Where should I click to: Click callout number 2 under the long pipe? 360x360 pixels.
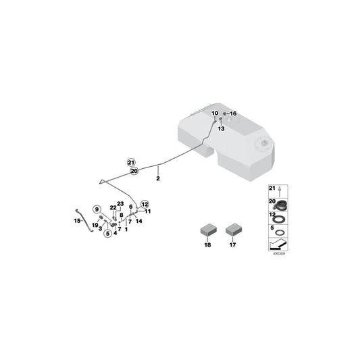click(x=158, y=180)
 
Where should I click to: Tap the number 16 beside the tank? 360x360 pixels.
click(x=234, y=113)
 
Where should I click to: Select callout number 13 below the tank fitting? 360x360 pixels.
click(x=220, y=128)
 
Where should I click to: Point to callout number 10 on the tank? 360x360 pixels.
click(x=215, y=113)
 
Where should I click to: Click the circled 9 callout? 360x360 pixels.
click(x=97, y=209)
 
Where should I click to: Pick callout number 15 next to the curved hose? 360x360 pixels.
click(x=77, y=220)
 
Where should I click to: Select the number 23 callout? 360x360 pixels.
click(x=120, y=204)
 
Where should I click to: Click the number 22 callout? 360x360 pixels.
click(x=113, y=208)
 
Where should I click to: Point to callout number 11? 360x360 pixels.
click(x=147, y=211)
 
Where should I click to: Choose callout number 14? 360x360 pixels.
click(x=139, y=221)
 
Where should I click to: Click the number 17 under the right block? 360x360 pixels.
click(x=233, y=245)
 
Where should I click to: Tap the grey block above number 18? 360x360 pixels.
click(x=207, y=230)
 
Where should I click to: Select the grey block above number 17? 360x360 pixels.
click(x=234, y=230)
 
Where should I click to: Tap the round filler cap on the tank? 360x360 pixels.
click(x=262, y=144)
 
